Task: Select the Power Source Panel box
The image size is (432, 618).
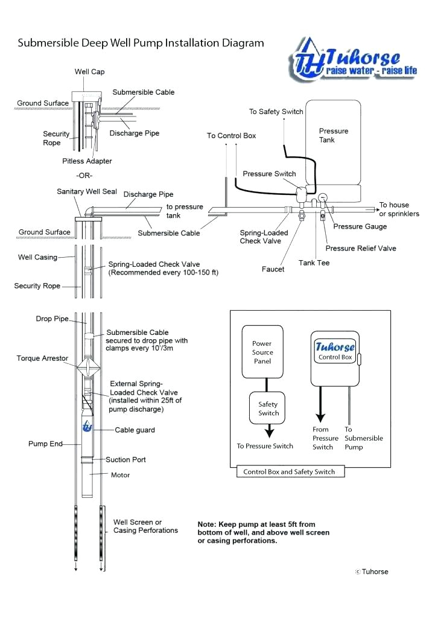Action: pos(262,352)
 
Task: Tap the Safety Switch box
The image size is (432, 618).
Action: pos(268,409)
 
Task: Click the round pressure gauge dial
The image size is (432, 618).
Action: pos(323,197)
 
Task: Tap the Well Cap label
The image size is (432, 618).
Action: pos(89,72)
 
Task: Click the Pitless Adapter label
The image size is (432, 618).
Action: pos(87,161)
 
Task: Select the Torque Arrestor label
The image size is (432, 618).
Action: pos(42,358)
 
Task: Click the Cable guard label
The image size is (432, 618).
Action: pos(135,430)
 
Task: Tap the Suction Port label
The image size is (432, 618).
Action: pos(126,460)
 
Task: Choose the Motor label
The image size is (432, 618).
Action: pos(120,475)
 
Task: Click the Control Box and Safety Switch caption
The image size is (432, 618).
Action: pos(289,471)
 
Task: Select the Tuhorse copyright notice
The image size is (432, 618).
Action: pos(372,572)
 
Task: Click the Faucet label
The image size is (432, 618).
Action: pos(273,269)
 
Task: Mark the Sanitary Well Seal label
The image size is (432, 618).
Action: pos(87,191)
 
